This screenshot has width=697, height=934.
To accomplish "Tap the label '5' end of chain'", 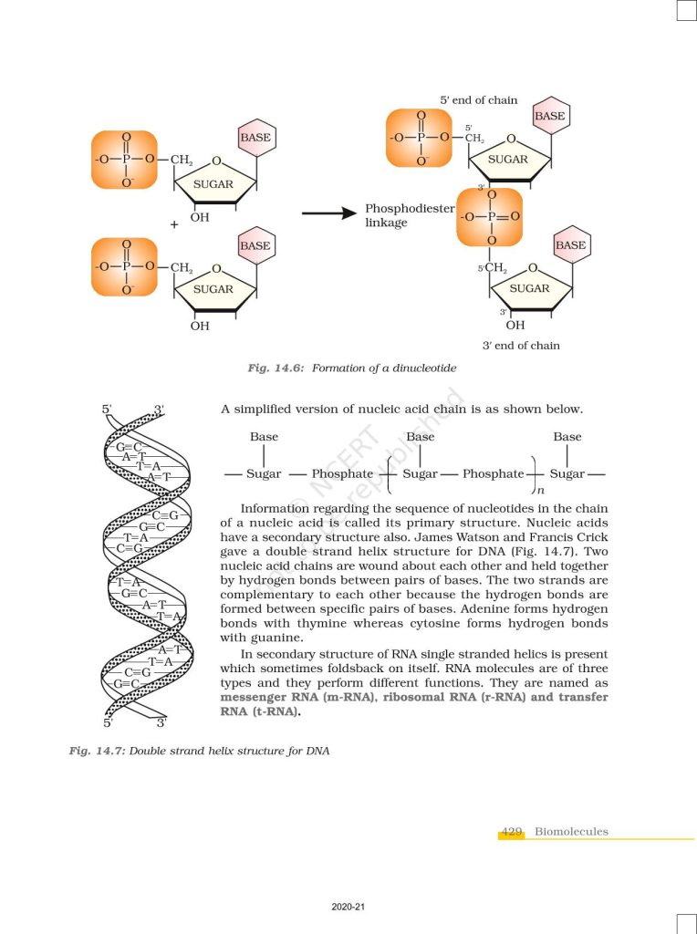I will click(x=478, y=99).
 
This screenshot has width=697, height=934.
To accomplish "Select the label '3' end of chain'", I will click(x=521, y=346).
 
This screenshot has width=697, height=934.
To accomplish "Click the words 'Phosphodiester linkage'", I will click(x=409, y=215).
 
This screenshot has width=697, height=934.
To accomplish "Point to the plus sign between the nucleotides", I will click(x=174, y=224).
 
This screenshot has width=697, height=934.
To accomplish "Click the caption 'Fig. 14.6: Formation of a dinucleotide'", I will click(x=351, y=368).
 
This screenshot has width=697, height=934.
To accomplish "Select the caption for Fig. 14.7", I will click(x=198, y=751).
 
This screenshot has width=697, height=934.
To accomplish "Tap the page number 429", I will click(x=512, y=832).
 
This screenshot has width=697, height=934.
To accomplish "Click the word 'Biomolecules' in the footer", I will click(x=571, y=832).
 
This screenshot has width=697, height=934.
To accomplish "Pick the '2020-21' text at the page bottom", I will click(x=348, y=908).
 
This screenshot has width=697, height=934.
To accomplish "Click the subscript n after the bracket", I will click(x=540, y=491).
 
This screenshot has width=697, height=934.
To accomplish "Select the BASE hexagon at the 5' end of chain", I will click(x=549, y=117).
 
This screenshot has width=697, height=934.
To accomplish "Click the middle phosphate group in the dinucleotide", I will click(x=490, y=217).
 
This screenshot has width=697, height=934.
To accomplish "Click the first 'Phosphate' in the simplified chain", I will click(x=342, y=474).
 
